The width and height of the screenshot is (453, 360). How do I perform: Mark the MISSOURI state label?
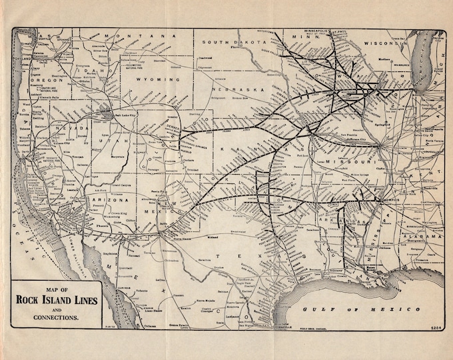349,162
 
